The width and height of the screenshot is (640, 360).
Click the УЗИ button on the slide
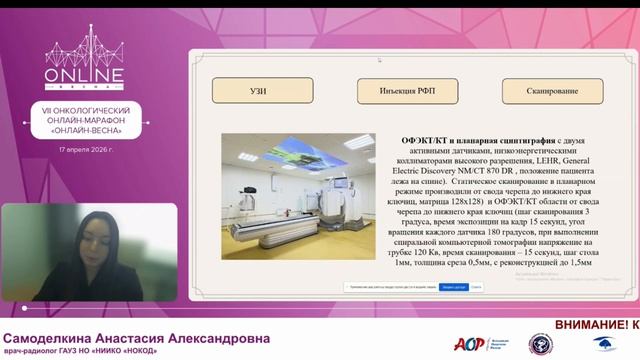tap(258, 90)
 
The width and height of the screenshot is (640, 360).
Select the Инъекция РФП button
tap(404, 90)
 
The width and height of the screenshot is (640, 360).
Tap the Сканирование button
tap(553, 90)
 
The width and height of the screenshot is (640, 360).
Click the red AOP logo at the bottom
tap(469, 344)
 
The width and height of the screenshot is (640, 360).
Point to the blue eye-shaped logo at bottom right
tap(605, 344)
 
